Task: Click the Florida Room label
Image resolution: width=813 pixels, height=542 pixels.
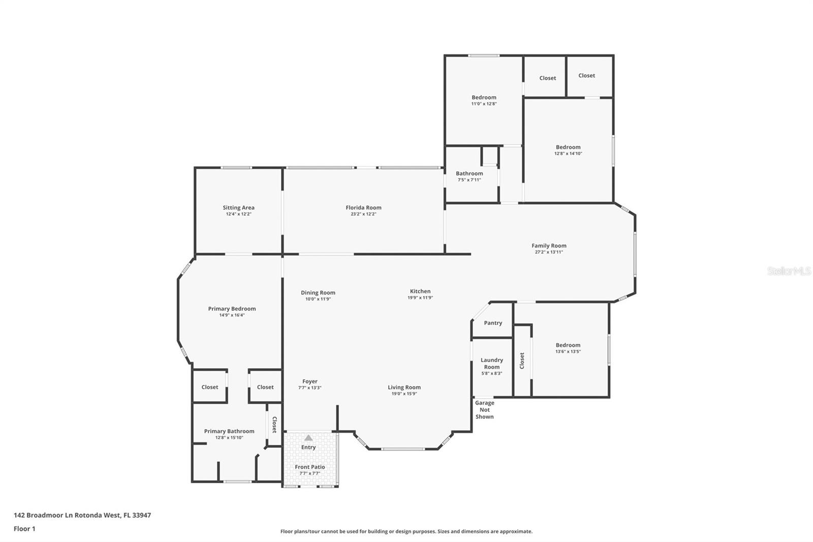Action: coord(363,208)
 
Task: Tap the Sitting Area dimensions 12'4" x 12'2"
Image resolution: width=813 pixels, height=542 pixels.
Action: coord(238,215)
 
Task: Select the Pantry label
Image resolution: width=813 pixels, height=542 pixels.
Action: coord(493,323)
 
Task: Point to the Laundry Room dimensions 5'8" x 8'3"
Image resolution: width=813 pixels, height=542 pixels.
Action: coord(492,373)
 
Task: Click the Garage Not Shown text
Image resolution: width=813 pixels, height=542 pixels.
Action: coord(485,410)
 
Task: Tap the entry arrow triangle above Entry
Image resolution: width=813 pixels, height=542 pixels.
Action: coord(308,438)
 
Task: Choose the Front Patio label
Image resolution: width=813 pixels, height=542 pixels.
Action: coord(309,467)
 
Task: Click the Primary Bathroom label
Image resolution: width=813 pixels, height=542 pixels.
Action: coord(229,431)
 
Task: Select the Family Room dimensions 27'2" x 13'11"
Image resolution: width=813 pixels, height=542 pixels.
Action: coord(549,252)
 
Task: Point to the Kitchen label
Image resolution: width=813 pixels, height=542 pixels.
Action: coord(420,291)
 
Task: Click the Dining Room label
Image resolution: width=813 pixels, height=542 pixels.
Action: coord(318,293)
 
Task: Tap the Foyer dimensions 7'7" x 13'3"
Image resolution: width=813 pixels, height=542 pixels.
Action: coord(309,388)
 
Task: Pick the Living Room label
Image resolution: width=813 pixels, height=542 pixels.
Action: coord(404,387)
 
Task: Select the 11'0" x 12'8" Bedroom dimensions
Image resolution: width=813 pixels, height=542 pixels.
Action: coord(484,104)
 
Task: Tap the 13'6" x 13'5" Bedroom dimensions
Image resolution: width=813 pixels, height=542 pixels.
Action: coord(568,352)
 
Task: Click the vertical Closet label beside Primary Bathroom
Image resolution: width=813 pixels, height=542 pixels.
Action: coord(274,425)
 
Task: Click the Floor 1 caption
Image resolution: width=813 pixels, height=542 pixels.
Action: coord(24,529)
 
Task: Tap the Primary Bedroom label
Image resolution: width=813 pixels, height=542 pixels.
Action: coord(232,309)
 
